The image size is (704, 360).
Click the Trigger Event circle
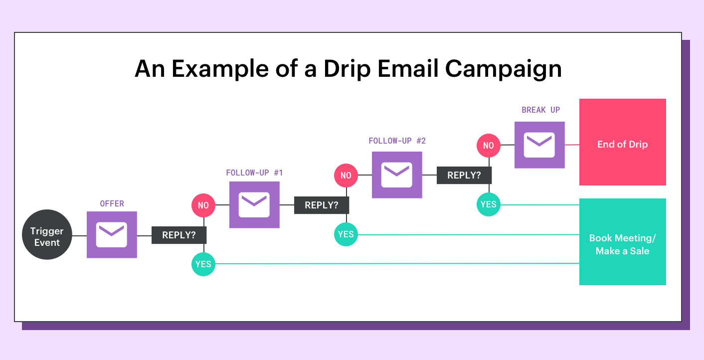pyautogui.click(x=47, y=234)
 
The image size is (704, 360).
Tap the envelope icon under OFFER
pyautogui.click(x=112, y=234)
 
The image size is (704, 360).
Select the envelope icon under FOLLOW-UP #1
pyautogui.click(x=254, y=204)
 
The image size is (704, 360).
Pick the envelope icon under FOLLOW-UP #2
pyautogui.click(x=397, y=175)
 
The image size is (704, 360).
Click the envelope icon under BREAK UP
pyautogui.click(x=539, y=145)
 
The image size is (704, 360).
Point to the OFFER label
pyautogui.click(x=112, y=204)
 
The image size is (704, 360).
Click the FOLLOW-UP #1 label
pyautogui.click(x=254, y=173)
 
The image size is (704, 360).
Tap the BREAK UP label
pyautogui.click(x=540, y=110)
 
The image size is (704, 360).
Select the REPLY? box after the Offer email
pyautogui.click(x=179, y=235)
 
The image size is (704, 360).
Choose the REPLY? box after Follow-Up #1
pyautogui.click(x=322, y=205)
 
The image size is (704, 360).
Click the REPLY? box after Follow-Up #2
pyautogui.click(x=464, y=175)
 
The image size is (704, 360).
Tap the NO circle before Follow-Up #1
pyautogui.click(x=203, y=205)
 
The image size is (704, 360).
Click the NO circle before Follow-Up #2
pyautogui.click(x=346, y=176)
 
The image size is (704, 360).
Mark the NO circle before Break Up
pyautogui.click(x=489, y=146)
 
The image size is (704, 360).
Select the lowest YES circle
pyautogui.click(x=203, y=264)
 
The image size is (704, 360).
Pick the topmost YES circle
pyautogui.click(x=489, y=204)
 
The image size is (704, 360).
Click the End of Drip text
pyautogui.click(x=623, y=144)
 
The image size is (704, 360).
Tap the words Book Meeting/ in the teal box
pyautogui.click(x=623, y=238)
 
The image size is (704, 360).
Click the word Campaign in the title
pyautogui.click(x=503, y=69)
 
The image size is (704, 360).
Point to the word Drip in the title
pyautogui.click(x=348, y=69)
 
